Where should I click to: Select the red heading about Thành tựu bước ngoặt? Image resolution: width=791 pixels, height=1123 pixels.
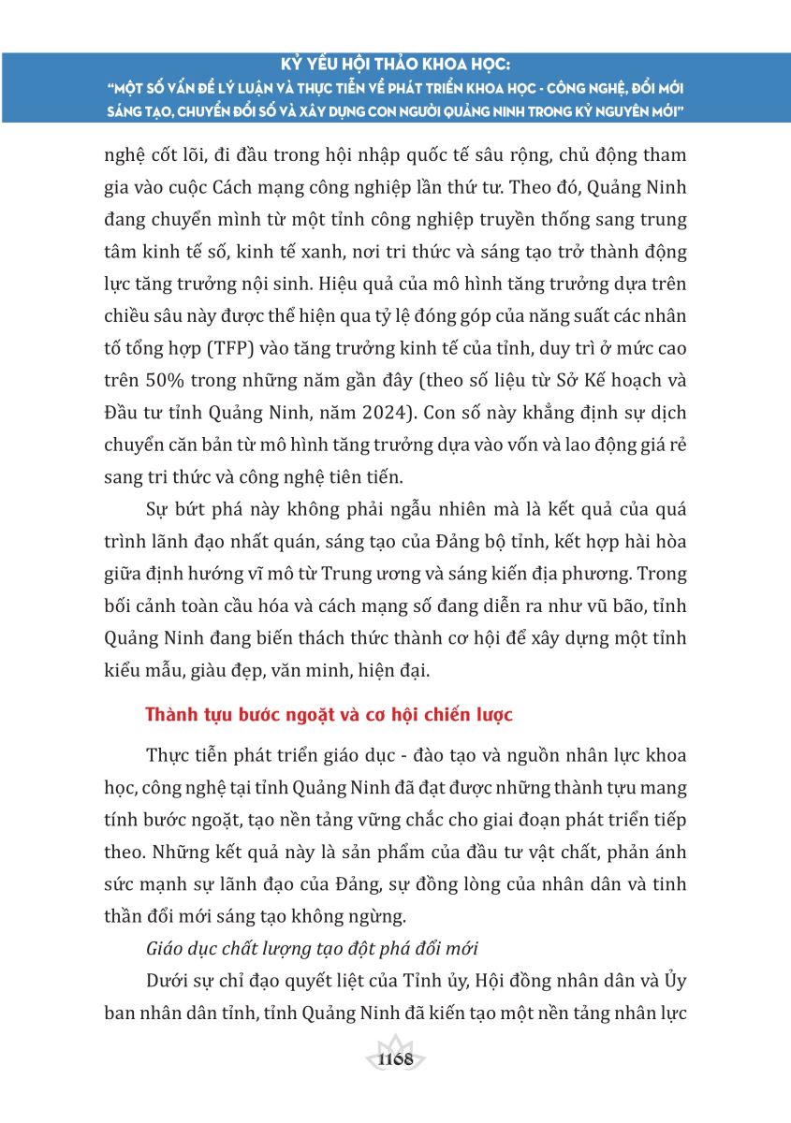pyautogui.click(x=330, y=715)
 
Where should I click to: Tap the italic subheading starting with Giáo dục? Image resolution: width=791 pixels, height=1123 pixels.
pyautogui.click(x=313, y=948)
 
